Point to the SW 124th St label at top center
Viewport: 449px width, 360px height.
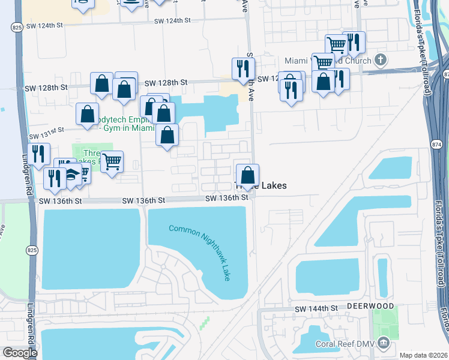172,20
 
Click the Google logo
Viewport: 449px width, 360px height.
20,352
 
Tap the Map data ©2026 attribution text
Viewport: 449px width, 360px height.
423,355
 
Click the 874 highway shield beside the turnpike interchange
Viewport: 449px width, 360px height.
436,145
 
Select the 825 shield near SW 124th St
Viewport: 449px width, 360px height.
16,27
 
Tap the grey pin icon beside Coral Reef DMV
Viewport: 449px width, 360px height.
384,343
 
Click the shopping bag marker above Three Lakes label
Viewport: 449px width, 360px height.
247,176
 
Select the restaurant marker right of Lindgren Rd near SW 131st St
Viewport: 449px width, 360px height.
39,154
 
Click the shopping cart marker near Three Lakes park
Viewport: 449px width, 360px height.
112,161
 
